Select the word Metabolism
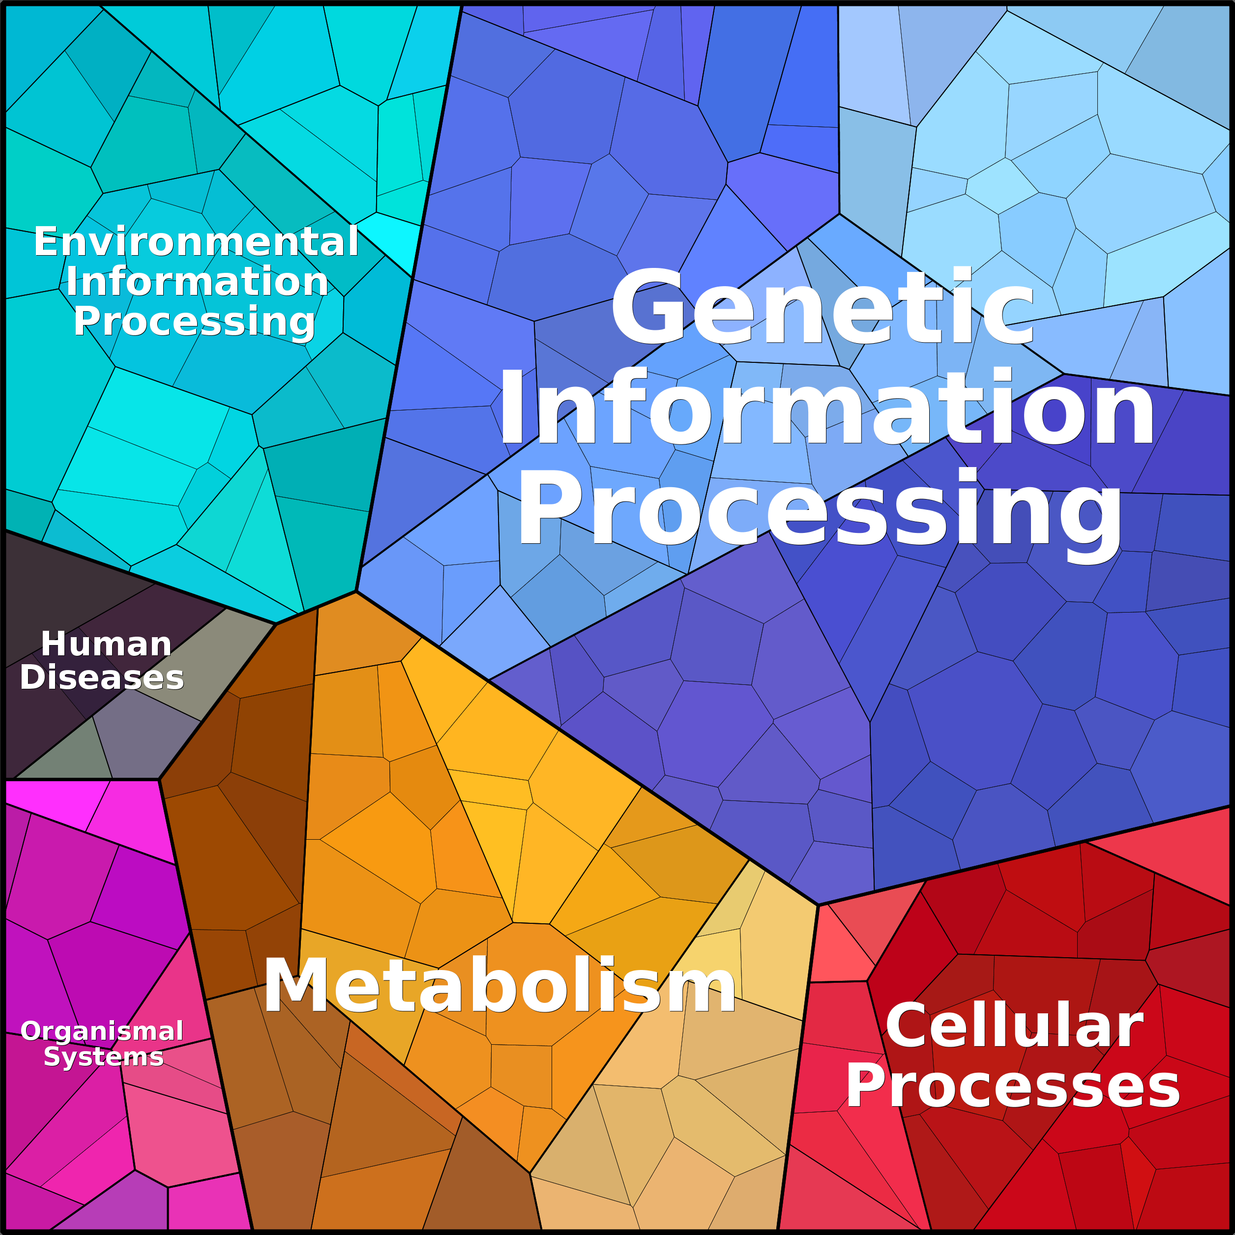(499, 986)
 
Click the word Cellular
(1014, 1026)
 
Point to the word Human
(106, 644)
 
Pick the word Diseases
(102, 677)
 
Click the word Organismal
(102, 1031)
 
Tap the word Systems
(104, 1057)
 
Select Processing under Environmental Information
(194, 321)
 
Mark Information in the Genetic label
(826, 407)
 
